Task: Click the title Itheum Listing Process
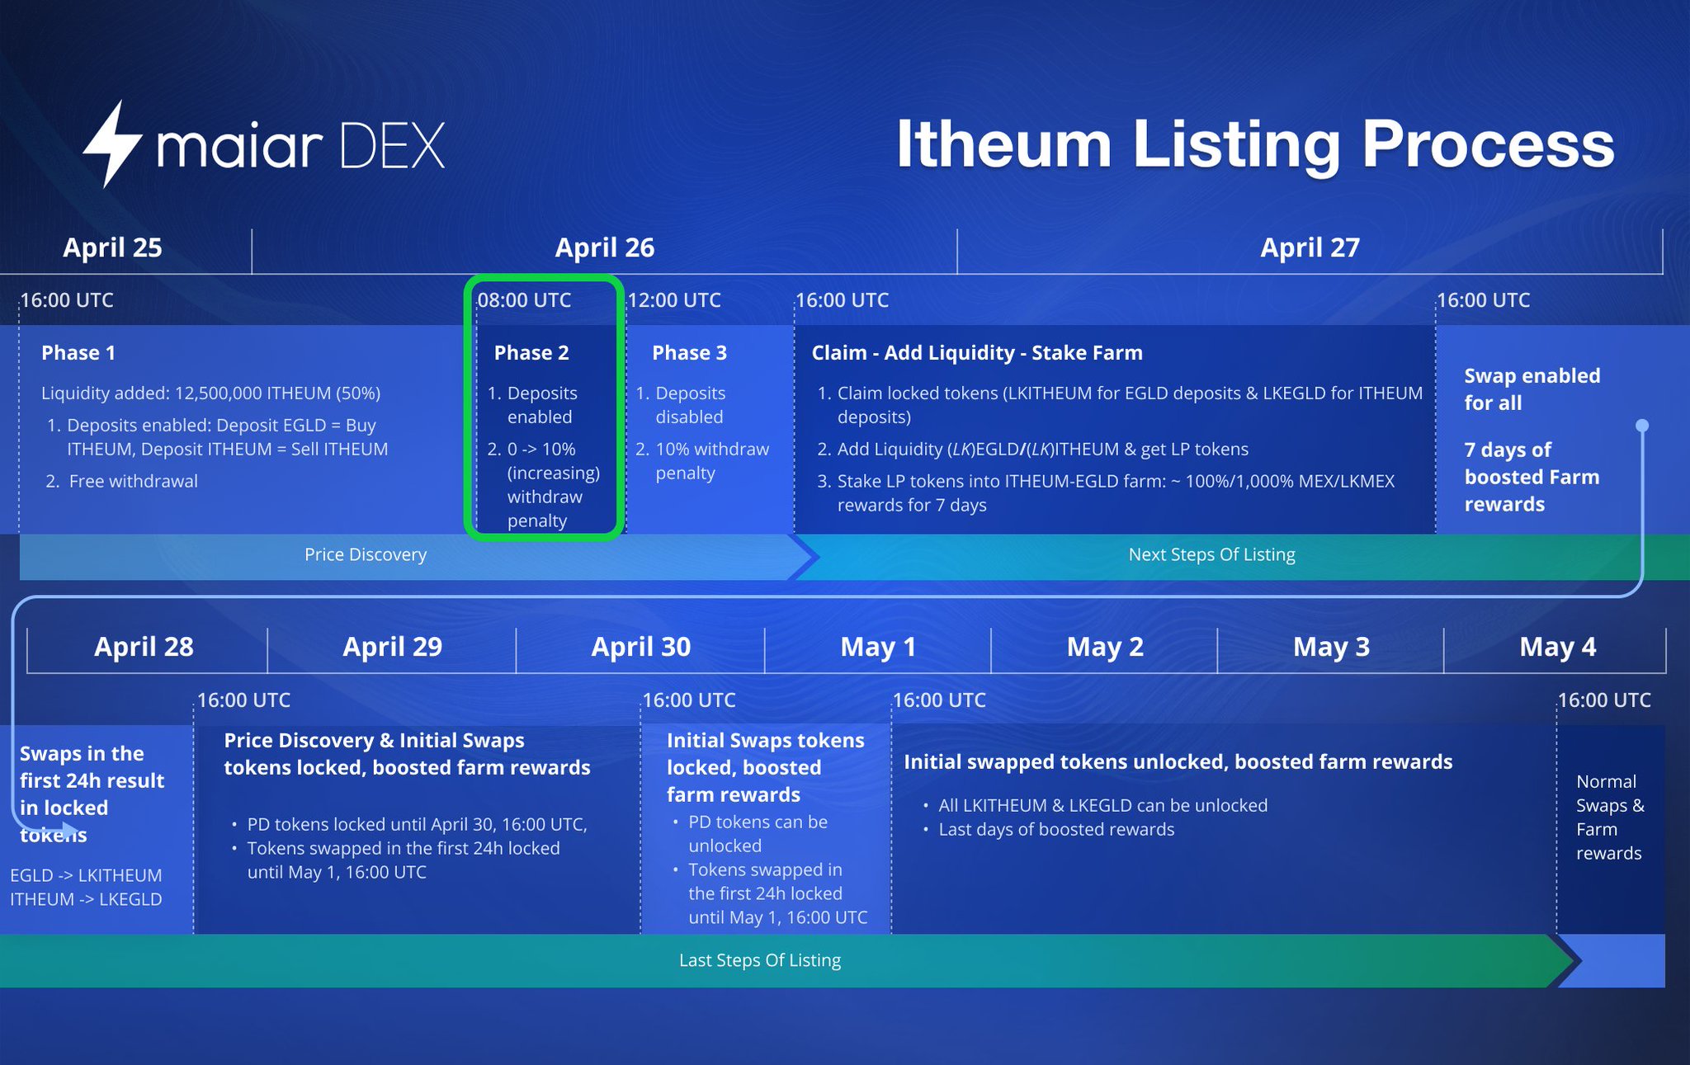[x=1254, y=144]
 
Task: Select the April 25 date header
[x=112, y=247]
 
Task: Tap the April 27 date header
[x=1310, y=247]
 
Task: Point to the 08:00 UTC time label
[x=525, y=300]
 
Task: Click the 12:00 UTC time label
[x=674, y=300]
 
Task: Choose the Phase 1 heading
[x=78, y=353]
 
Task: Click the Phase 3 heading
[x=689, y=353]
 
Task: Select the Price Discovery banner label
[x=366, y=555]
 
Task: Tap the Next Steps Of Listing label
[x=1211, y=555]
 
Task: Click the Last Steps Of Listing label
[x=760, y=960]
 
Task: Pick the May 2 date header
[x=1105, y=647]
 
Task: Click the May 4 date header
[x=1557, y=647]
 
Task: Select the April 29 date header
[x=392, y=647]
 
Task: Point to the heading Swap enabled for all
[x=1532, y=389]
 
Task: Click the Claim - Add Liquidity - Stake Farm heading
[x=977, y=353]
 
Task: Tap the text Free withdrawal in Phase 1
[x=133, y=482]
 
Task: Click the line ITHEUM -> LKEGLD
[x=86, y=899]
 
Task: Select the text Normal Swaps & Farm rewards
[x=1609, y=817]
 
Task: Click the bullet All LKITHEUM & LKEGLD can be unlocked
[x=1102, y=805]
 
